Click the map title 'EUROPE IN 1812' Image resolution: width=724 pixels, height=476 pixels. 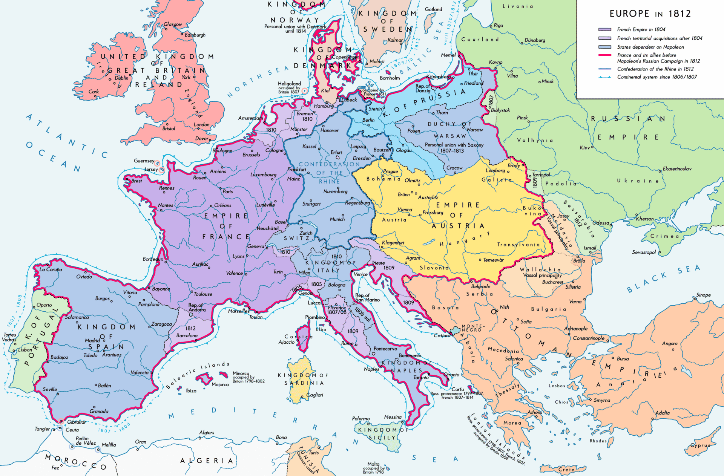650,14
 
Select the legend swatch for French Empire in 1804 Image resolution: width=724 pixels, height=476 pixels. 605,29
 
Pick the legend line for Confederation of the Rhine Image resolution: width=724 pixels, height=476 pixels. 605,69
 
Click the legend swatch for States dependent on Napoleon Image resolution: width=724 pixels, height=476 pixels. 605,47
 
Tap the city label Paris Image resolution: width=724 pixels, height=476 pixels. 228,191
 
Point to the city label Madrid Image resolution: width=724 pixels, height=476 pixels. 92,340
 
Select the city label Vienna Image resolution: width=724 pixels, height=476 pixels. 405,210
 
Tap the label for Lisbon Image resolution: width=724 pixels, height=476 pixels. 25,350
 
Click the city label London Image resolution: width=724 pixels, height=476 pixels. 201,124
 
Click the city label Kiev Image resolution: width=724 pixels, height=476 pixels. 584,147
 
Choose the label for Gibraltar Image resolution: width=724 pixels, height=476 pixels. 77,422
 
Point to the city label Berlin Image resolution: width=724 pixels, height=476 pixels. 368,120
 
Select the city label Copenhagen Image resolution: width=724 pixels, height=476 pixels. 345,57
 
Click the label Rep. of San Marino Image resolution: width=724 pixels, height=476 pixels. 367,297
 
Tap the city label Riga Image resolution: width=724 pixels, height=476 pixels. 498,25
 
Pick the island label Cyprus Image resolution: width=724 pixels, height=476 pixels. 700,445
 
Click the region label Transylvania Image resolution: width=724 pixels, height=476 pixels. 518,245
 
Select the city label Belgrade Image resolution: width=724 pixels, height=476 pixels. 480,286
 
